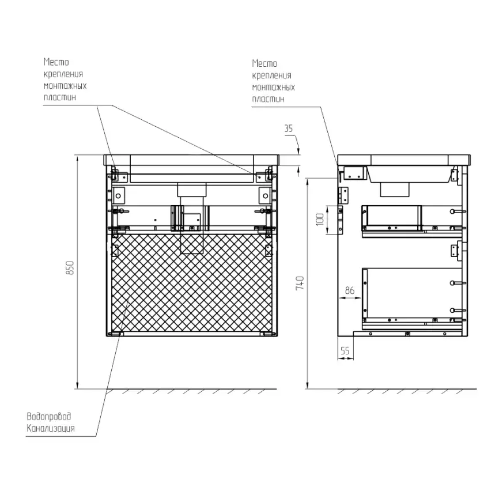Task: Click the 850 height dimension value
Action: [x=70, y=267]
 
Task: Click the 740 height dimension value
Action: [x=300, y=283]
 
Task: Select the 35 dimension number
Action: [x=288, y=128]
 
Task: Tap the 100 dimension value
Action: [x=320, y=220]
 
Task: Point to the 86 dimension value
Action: [x=349, y=290]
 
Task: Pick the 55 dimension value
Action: [x=345, y=351]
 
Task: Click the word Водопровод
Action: [x=49, y=416]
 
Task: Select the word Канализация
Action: [x=51, y=428]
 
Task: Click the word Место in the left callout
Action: [x=56, y=62]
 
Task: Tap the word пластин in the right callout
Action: [x=268, y=99]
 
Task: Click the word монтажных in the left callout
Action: [x=65, y=86]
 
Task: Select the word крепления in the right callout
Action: [x=271, y=75]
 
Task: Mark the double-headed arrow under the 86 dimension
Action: [x=350, y=298]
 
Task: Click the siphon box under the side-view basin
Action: [x=395, y=190]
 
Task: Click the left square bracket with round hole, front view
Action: [x=118, y=195]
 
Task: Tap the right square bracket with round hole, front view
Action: [x=265, y=195]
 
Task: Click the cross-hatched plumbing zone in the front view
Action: [x=192, y=282]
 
